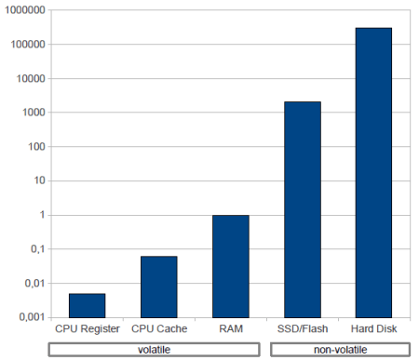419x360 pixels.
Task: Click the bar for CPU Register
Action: [87, 305]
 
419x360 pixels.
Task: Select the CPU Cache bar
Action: [158, 287]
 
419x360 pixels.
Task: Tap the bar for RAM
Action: [230, 266]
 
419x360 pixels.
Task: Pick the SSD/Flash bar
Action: [302, 209]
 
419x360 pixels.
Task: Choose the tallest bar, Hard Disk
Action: [373, 172]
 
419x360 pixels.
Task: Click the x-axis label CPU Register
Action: [87, 329]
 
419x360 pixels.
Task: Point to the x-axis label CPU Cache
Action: [159, 329]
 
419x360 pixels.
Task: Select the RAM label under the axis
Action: [230, 329]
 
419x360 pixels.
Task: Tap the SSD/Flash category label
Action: [302, 329]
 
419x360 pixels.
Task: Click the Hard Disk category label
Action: [373, 329]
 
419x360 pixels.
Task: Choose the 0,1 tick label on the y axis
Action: [35, 249]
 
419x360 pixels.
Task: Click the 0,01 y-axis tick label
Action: [33, 284]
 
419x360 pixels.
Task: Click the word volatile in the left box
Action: [154, 349]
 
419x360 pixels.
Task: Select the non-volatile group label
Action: [338, 349]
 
